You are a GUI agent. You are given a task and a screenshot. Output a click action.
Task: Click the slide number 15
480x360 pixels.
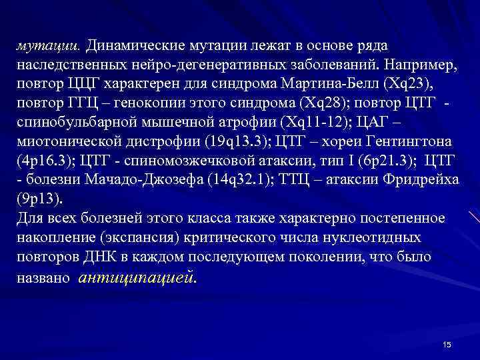(447, 344)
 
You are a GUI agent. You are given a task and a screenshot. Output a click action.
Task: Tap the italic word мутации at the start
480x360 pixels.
(47, 46)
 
